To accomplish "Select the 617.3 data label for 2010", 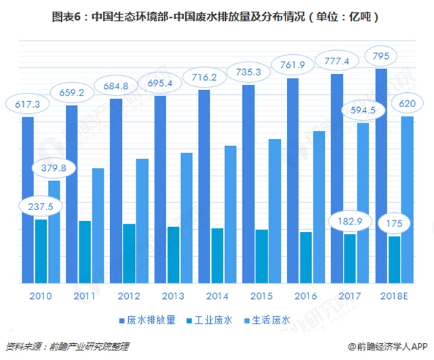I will click(x=26, y=104).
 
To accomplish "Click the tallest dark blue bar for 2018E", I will click(x=381, y=176).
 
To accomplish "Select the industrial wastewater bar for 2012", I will click(x=129, y=253).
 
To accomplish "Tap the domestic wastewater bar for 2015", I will click(x=274, y=210).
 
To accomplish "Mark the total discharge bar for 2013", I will click(x=160, y=190).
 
